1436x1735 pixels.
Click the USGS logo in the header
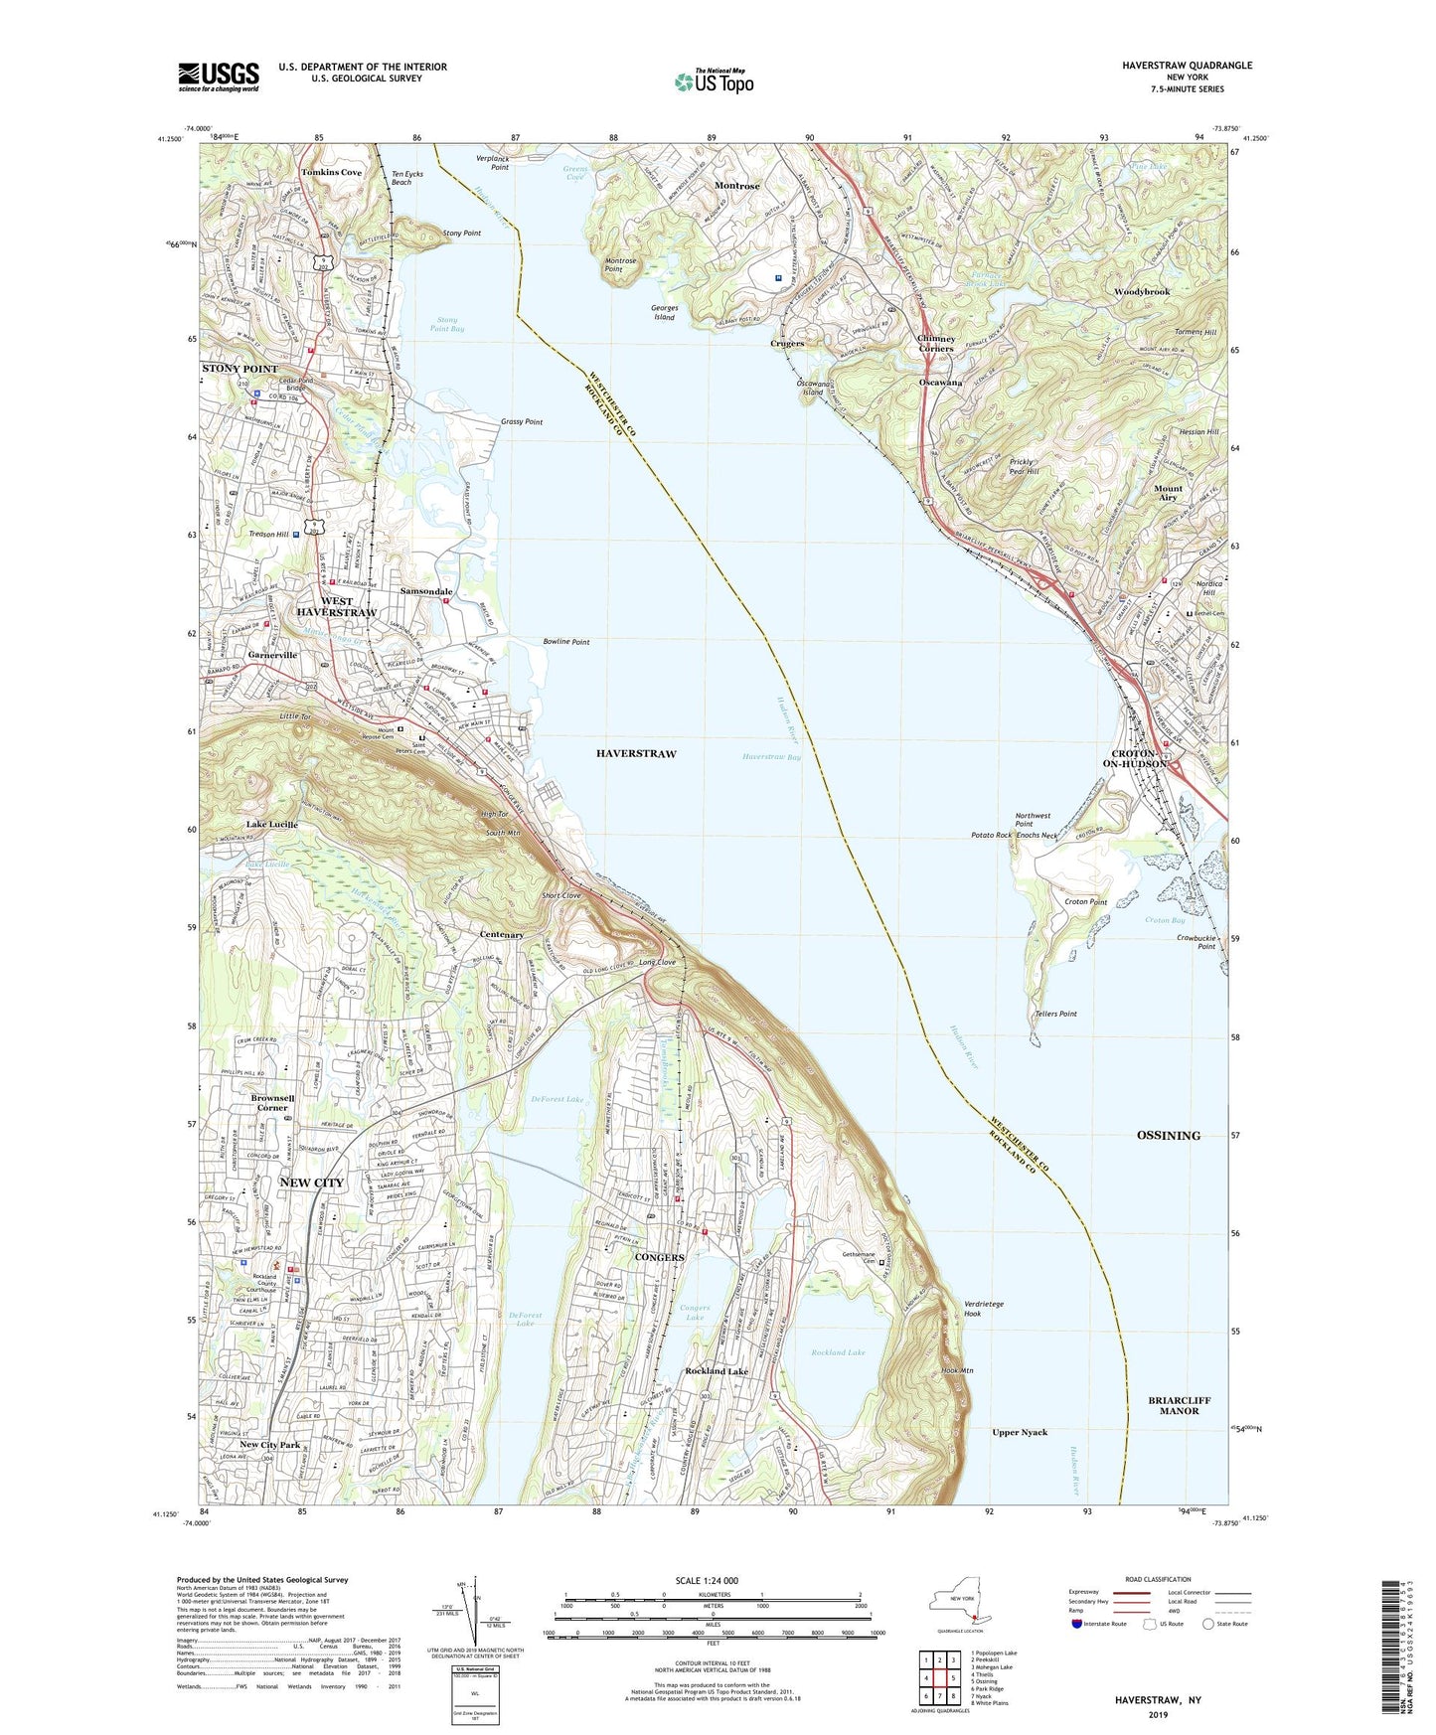tap(219, 76)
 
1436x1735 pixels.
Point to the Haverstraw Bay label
tap(771, 757)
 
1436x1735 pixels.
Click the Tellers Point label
tap(1055, 1014)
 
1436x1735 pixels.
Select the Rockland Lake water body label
tap(838, 1352)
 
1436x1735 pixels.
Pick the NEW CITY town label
tap(311, 1183)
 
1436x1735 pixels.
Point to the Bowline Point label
tap(565, 642)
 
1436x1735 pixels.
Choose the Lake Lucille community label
tap(271, 825)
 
